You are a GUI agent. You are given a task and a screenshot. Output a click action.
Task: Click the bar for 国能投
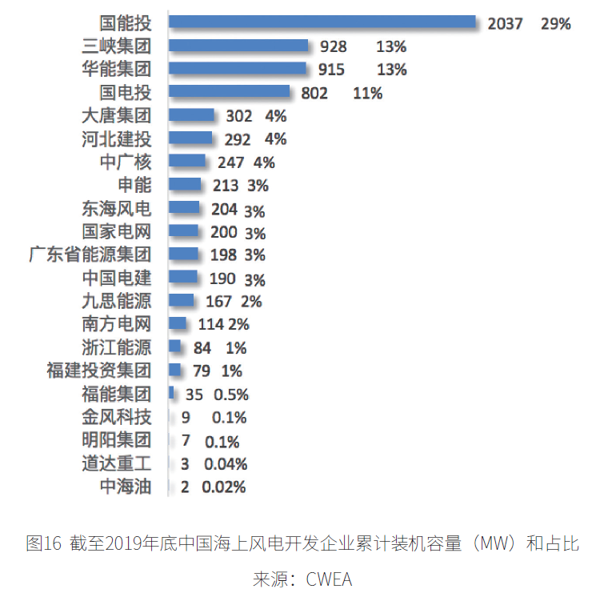tap(322, 22)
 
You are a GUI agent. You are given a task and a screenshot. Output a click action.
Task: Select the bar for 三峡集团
tap(238, 46)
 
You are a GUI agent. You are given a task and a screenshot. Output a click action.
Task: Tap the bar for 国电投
tap(230, 92)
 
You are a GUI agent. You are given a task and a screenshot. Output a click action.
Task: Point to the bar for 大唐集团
tap(192, 115)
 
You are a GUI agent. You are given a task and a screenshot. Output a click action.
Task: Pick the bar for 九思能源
tap(182, 301)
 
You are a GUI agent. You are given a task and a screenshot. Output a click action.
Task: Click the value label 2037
tap(505, 24)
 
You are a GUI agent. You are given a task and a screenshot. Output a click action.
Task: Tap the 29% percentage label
tap(555, 24)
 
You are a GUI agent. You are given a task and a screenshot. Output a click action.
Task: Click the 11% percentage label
tap(367, 94)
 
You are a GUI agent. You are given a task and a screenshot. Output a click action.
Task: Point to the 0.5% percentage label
tap(231, 395)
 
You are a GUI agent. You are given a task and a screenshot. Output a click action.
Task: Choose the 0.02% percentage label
tap(224, 487)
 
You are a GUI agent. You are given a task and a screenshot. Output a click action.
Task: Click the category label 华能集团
tap(116, 69)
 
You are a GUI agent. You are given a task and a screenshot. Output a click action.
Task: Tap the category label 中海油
tap(125, 487)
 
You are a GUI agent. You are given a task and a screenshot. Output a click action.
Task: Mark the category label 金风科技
tap(116, 417)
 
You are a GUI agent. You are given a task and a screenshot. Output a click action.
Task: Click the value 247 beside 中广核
tap(230, 163)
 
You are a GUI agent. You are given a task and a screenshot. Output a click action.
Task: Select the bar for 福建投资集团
tap(175, 371)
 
